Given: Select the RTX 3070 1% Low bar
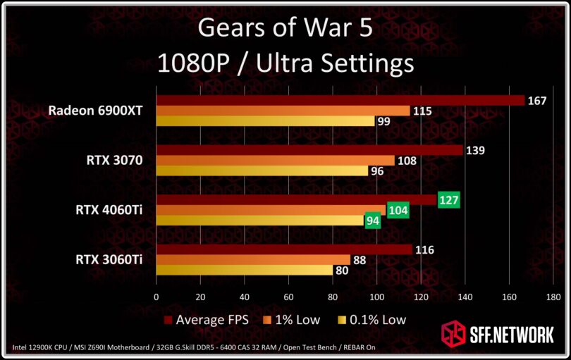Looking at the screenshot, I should pos(275,161).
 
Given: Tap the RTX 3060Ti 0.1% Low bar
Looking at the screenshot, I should pos(244,270).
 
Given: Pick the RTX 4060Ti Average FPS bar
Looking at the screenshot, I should pos(297,200).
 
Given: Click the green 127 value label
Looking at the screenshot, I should pos(448,200).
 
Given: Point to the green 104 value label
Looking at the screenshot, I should pos(398,211).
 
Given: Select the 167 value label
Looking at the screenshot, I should pos(537,101).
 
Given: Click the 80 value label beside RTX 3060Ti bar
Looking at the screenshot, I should pos(343,271).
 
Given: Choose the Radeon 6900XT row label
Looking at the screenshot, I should pos(96,111).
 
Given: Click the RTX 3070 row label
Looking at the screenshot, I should pos(114,161).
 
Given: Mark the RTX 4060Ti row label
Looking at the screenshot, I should pos(109,210).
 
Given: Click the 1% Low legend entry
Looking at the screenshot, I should pos(292,320).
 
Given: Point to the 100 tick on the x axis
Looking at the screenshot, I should pos(376,297).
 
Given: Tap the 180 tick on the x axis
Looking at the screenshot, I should pos(553,297).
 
